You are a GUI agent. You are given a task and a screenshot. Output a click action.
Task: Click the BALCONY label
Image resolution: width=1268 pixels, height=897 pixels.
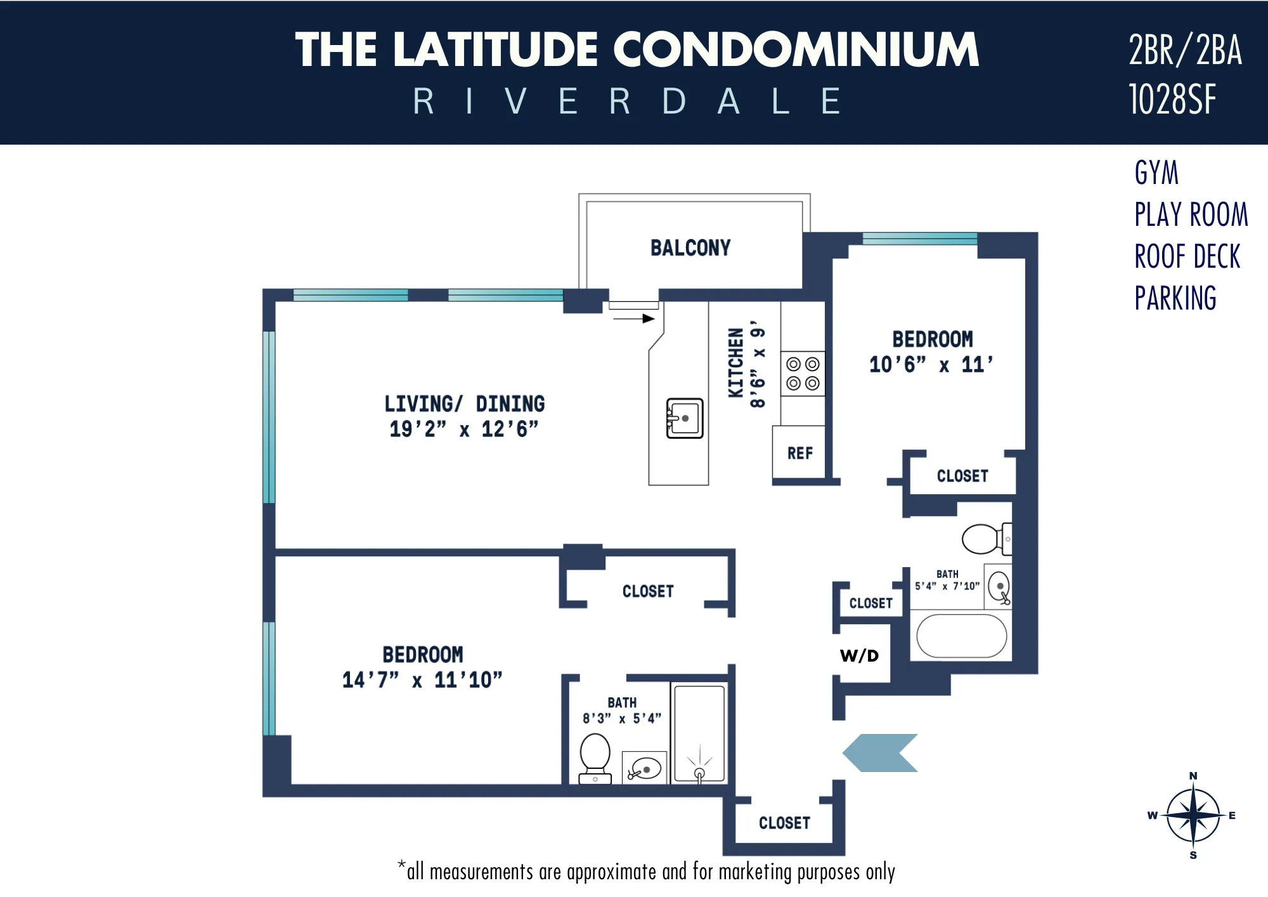tap(690, 247)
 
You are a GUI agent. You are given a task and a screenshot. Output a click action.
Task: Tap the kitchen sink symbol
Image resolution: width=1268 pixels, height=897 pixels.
tap(684, 418)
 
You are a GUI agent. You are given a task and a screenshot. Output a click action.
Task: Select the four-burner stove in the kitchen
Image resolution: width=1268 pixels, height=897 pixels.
tap(802, 374)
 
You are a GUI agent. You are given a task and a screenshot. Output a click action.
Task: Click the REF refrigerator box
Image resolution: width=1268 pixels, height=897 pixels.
tap(799, 453)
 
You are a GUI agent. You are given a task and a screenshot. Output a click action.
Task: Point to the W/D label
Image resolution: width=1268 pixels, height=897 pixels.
tap(859, 656)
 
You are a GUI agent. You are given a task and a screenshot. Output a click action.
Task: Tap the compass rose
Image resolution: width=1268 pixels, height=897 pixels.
tap(1193, 815)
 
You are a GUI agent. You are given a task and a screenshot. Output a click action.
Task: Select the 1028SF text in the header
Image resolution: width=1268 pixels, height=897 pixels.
tap(1172, 100)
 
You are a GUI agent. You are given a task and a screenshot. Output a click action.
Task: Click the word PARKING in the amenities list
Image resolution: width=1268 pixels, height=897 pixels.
tap(1175, 298)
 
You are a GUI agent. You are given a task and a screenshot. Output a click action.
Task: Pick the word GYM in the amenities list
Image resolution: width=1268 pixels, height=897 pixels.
tap(1156, 173)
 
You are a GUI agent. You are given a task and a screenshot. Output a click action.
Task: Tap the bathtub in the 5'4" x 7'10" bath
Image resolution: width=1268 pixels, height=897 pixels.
tap(961, 636)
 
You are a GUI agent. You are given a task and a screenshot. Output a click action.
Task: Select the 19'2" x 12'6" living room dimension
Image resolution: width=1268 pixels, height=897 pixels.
tap(463, 429)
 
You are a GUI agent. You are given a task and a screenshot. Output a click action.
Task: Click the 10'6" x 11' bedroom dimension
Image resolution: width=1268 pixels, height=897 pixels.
tap(931, 365)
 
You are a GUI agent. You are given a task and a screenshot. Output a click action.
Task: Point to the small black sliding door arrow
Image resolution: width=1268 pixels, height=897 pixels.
tap(634, 318)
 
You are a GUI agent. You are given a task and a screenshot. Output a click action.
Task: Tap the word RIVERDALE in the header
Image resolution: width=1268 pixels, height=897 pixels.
tap(628, 101)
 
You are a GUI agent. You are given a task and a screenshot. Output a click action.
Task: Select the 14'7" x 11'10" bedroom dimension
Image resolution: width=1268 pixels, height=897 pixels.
tap(422, 680)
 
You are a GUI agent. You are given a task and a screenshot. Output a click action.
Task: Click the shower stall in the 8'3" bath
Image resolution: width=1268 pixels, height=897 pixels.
tap(699, 733)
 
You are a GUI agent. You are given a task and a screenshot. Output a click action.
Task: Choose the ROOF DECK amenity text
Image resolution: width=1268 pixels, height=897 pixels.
tap(1187, 256)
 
